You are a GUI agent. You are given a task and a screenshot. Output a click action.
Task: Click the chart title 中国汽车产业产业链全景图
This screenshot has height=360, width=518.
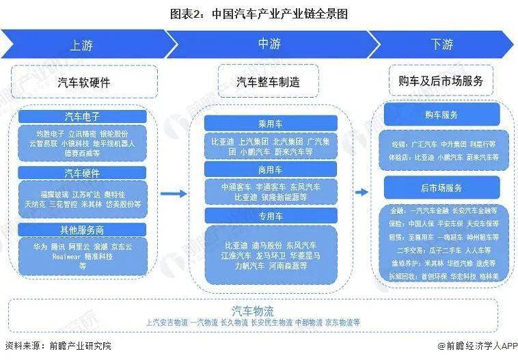tap(259, 14)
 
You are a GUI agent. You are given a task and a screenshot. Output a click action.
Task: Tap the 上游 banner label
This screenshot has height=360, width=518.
tap(81, 45)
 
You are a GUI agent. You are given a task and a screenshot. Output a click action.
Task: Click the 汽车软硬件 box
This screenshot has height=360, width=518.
tap(83, 82)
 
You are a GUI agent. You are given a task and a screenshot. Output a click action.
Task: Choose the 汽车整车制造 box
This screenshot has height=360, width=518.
tap(268, 82)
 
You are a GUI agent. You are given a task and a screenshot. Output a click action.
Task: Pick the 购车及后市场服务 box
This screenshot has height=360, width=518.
tap(441, 81)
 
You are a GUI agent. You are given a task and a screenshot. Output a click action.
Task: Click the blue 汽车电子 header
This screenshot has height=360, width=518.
tap(82, 117)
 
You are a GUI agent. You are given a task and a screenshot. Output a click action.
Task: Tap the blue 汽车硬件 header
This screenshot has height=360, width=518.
tap(82, 172)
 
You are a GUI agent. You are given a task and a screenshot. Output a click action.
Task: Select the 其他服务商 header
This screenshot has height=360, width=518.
tap(82, 229)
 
